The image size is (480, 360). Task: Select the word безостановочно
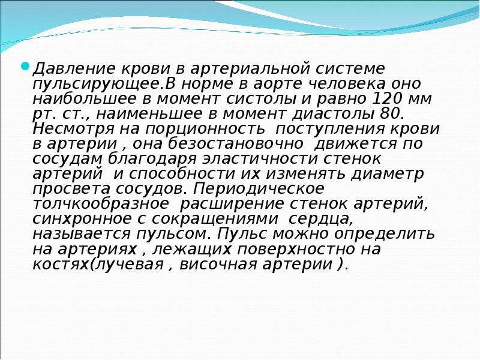[x=236, y=143]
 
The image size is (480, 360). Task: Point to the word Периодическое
[x=258, y=189]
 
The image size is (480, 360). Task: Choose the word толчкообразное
[x=100, y=204]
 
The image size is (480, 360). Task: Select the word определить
[x=384, y=235]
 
